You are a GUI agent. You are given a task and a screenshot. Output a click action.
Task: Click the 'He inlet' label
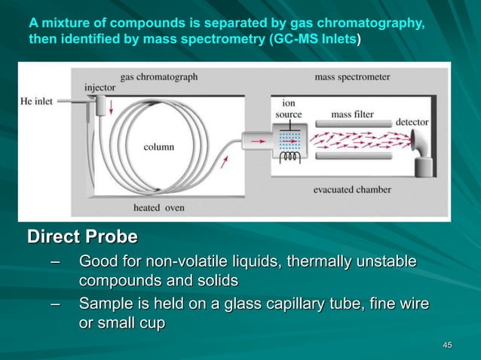point(37,101)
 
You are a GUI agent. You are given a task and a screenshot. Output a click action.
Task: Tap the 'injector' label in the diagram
point(100,87)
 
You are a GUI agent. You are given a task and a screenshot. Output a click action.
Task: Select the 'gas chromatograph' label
point(158,77)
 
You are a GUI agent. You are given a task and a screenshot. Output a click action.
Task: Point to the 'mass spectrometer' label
point(352,77)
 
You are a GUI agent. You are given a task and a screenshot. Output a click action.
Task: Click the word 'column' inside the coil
point(159,147)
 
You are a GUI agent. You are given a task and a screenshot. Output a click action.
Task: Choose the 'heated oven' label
point(158,207)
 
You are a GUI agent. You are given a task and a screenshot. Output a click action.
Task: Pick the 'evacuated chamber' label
point(352,189)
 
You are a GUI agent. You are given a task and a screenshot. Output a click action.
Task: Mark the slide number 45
point(447,345)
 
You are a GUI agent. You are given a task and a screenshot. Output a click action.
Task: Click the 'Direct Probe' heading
point(82,237)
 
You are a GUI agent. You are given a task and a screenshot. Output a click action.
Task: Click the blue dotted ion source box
point(289,142)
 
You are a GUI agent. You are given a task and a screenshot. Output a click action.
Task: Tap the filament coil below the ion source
point(289,160)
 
